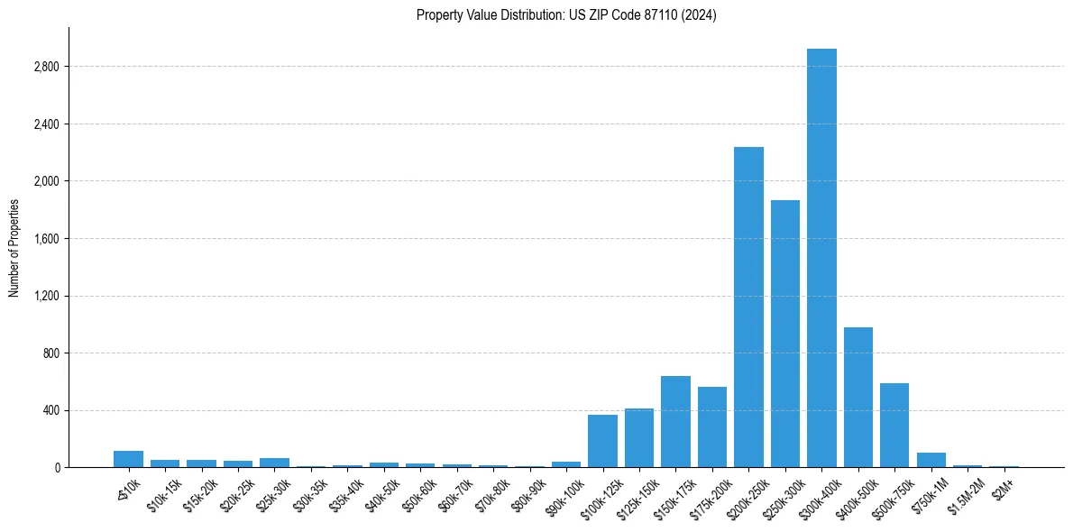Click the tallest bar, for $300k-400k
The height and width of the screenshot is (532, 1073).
click(821, 258)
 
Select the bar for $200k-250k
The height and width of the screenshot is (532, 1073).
click(748, 307)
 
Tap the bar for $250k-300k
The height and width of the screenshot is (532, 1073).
click(785, 334)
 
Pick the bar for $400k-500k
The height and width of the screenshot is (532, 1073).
click(858, 398)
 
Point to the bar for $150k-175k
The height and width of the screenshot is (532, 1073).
click(675, 422)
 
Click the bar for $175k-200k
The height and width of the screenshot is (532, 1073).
click(712, 427)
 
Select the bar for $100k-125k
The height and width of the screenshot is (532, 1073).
click(602, 441)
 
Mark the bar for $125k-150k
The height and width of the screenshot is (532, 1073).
click(639, 438)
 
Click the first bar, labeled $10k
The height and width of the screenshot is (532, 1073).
click(129, 459)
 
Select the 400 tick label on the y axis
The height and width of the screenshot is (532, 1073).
click(50, 410)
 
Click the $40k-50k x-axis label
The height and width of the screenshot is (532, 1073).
click(382, 495)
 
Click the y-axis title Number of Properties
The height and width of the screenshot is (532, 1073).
click(14, 247)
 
